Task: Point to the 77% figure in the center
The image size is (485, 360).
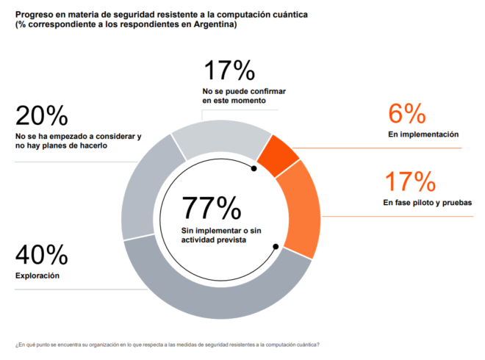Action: (x=212, y=207)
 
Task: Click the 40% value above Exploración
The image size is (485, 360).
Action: (x=41, y=254)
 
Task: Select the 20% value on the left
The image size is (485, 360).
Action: (x=41, y=115)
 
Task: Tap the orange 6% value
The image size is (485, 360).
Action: (x=407, y=113)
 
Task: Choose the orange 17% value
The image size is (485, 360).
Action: (x=411, y=181)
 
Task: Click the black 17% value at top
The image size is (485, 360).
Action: (x=229, y=71)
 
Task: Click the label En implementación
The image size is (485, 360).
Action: (x=423, y=134)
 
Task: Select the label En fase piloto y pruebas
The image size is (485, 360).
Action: (x=428, y=203)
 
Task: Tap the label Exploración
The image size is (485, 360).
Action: (x=37, y=276)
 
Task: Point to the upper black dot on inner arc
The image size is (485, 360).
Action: (x=254, y=168)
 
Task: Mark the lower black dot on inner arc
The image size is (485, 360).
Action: (x=276, y=247)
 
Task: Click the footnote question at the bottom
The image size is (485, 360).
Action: (x=168, y=345)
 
